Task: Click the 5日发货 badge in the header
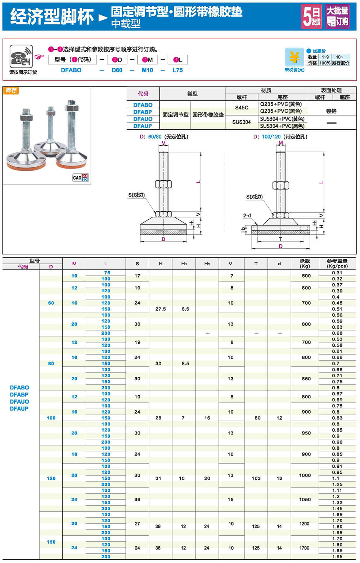pos(311,17)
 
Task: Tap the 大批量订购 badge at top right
pos(337,17)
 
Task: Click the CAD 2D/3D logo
pos(80,177)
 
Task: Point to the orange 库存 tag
pos(11,90)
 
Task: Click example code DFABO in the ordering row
pos(71,70)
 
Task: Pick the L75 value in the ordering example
pos(177,70)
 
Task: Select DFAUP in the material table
pos(143,126)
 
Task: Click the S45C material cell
pos(242,107)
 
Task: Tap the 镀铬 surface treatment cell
pos(331,111)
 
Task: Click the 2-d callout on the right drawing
pos(247,216)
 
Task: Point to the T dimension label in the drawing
pos(281,239)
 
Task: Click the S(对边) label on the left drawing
pos(136,195)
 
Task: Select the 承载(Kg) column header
pos(305,264)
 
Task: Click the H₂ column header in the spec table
pos(207,264)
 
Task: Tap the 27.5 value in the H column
pos(161,309)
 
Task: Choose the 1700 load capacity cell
pos(304,548)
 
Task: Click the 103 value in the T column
pos(256,478)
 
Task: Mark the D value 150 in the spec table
pos(51,542)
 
